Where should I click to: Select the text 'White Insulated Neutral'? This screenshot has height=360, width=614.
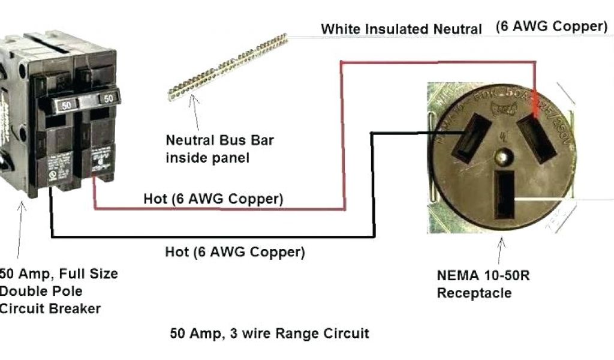point(401,29)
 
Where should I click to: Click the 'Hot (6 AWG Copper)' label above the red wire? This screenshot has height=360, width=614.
point(213,199)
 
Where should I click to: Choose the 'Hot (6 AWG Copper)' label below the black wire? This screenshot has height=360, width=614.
point(234,252)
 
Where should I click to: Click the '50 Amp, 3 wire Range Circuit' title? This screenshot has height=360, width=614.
point(269,332)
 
